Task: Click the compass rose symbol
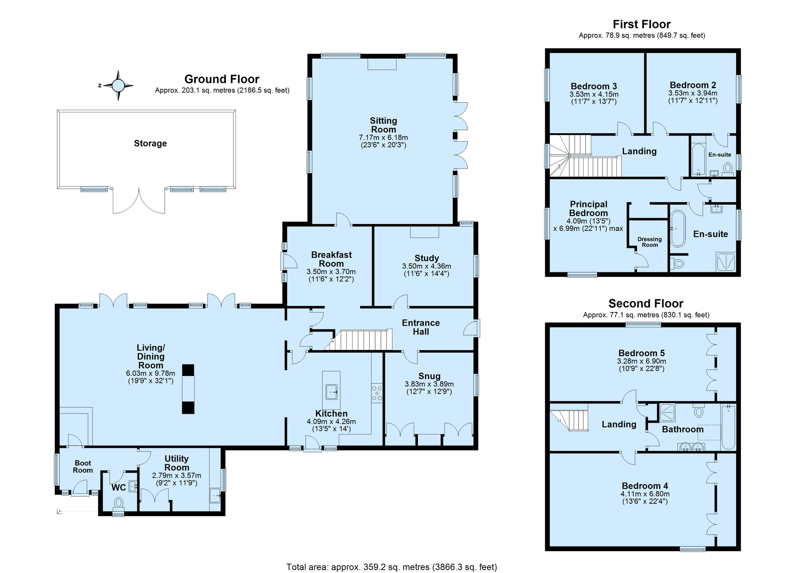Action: point(118,85)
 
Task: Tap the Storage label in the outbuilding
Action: point(150,144)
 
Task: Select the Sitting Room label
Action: point(383,125)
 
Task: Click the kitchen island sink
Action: point(332,392)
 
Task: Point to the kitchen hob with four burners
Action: point(377,393)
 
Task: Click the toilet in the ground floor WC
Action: point(118,503)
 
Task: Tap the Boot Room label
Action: point(83,466)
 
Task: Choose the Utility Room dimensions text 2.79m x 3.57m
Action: point(177,475)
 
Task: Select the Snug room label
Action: point(429,376)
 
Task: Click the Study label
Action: point(426,258)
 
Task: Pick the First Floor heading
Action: point(642,24)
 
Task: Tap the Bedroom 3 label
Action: point(594,86)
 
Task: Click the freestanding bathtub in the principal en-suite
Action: point(678,229)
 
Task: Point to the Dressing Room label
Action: point(649,242)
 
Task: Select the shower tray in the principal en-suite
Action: point(726,261)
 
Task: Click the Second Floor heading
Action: point(646,303)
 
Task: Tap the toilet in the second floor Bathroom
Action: point(698,410)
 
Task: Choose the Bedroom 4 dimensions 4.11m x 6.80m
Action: point(645,494)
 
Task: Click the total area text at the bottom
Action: point(391,567)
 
